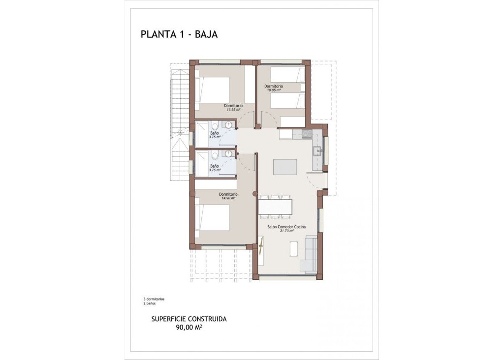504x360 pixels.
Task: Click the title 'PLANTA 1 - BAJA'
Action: click(179, 34)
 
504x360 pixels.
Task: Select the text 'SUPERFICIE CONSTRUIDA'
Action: click(189, 319)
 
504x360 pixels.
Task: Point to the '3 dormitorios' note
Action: click(154, 299)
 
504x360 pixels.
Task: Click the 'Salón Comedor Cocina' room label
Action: click(286, 227)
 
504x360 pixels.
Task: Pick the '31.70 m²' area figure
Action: click(286, 231)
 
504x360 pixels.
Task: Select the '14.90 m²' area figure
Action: click(228, 198)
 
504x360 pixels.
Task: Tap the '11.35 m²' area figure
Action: click(233, 110)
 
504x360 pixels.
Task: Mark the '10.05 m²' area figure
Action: click(273, 90)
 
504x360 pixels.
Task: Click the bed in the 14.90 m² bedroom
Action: click(213, 217)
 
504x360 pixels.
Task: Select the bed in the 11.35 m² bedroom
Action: click(213, 90)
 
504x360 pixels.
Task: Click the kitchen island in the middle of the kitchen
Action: click(285, 167)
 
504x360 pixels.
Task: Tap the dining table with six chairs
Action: click(276, 207)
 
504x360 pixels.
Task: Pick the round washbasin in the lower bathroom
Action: click(228, 154)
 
